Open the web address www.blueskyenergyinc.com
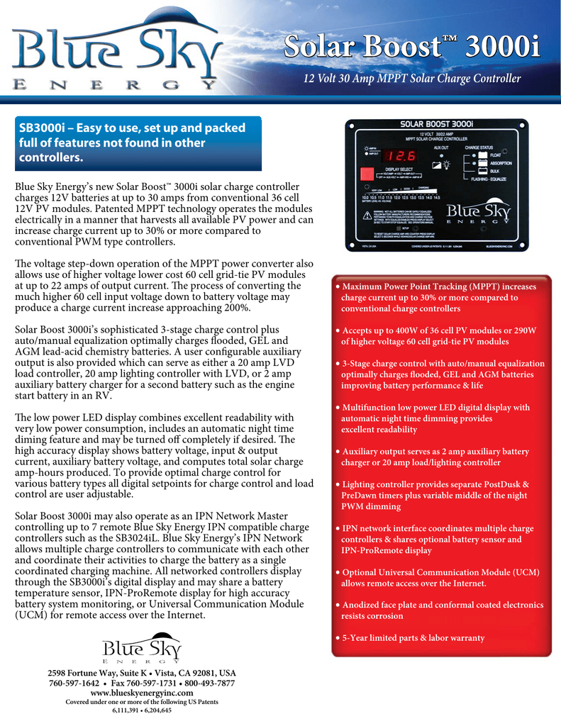[x=142, y=693]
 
